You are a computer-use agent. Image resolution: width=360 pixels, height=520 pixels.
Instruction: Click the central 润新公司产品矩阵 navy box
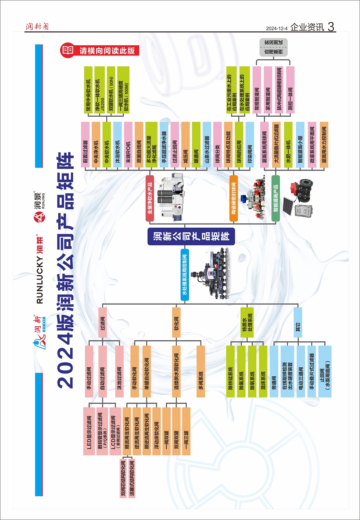pos(191,236)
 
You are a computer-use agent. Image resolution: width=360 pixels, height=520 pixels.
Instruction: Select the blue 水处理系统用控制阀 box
pos(185,275)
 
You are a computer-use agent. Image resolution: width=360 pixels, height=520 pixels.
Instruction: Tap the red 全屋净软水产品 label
pos(150,198)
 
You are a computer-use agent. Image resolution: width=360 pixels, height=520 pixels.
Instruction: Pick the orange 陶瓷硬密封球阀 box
pos(234,198)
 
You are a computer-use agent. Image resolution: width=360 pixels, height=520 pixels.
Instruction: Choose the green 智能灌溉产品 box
pos(275,198)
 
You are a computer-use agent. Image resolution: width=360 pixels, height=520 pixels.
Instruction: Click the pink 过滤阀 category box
pos(103,322)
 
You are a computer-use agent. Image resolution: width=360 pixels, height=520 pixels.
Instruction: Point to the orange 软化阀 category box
pos(176,322)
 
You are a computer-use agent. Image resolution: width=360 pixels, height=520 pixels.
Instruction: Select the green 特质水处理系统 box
pos(247,322)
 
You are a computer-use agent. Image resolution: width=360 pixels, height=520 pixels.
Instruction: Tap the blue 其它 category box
pos(298,322)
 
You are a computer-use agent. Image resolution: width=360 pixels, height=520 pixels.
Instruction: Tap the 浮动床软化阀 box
pos(157,431)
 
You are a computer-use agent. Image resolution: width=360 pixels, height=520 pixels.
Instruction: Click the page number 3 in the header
pos(331,27)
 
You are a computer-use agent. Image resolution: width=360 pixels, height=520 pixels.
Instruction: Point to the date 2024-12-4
pos(277,28)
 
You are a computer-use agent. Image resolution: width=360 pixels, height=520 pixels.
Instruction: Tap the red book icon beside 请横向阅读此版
pos(68,50)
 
